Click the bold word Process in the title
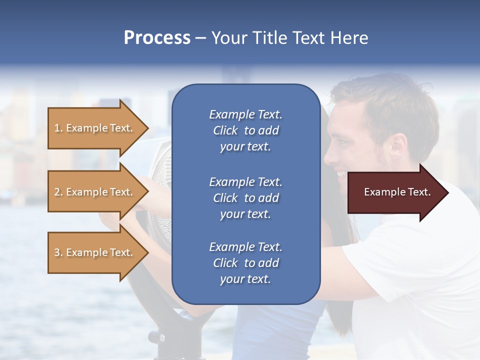[x=157, y=38]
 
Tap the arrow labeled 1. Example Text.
[x=95, y=128]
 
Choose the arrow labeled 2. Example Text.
[x=95, y=192]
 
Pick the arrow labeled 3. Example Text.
[x=95, y=252]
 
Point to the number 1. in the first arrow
[x=58, y=128]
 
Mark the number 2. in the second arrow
[x=58, y=192]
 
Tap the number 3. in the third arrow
[x=58, y=252]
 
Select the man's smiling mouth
[x=341, y=174]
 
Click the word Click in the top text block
[x=225, y=131]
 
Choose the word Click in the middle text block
[x=225, y=198]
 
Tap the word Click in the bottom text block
[x=225, y=263]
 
